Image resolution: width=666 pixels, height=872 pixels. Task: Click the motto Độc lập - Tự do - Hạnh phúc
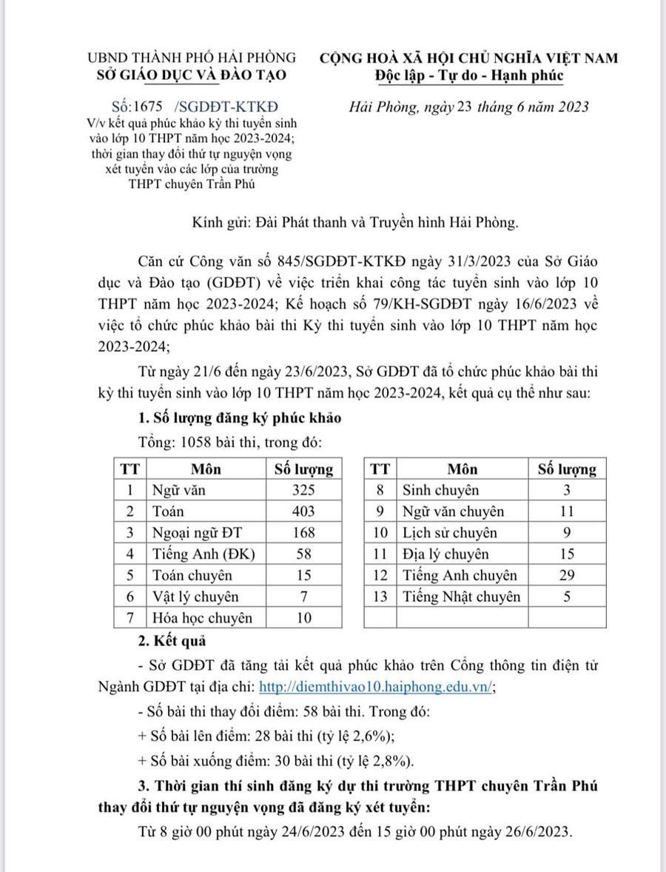point(469,75)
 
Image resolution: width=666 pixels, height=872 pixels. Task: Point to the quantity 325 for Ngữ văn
point(303,490)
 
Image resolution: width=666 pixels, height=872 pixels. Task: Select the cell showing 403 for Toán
point(303,512)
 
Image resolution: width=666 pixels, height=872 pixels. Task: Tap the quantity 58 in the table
point(303,554)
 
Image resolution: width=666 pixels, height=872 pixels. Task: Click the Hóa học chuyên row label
point(202,617)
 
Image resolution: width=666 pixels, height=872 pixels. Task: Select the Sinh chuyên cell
point(440,490)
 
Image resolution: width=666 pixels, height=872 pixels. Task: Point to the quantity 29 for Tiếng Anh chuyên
point(567,575)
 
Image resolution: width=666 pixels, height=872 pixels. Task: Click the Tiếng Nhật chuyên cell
point(461,596)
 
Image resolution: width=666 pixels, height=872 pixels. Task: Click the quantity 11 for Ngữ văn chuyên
point(567,512)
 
